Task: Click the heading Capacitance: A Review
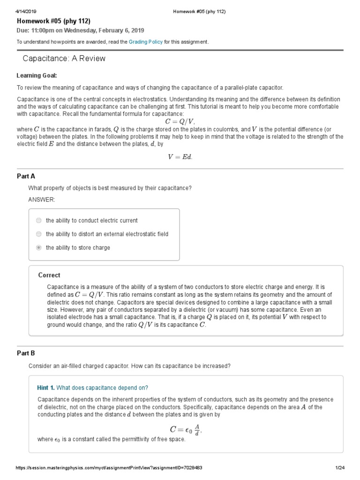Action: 64,59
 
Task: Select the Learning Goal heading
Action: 37,75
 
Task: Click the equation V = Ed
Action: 180,157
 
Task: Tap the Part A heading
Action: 26,176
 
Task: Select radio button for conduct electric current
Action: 38,220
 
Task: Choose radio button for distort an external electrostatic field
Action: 38,234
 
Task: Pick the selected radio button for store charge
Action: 38,247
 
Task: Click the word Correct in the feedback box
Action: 49,275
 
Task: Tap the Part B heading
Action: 26,353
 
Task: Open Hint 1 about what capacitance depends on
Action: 93,387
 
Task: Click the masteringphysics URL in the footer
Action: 109,468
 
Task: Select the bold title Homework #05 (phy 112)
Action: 53,21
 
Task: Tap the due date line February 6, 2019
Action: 81,30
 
